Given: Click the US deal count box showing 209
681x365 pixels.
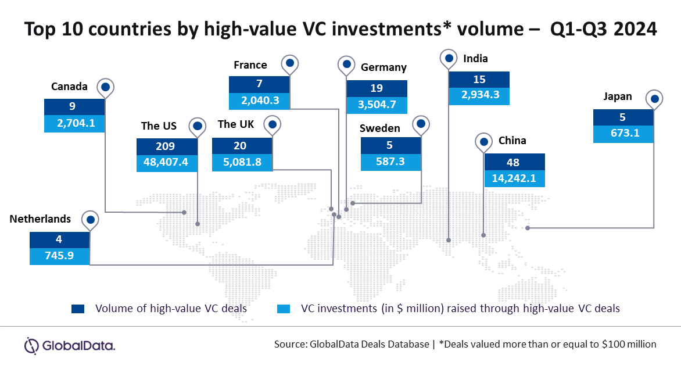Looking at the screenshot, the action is pyautogui.click(x=167, y=146).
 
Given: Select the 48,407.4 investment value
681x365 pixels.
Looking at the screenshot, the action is pyautogui.click(x=167, y=163).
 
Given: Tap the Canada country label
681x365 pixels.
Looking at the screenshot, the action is pyautogui.click(x=70, y=87).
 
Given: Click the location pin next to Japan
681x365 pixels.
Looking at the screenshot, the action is pyautogui.click(x=654, y=99).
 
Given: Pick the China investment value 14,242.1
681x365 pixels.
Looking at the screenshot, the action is pyautogui.click(x=514, y=178).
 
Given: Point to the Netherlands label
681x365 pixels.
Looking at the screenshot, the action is pyautogui.click(x=41, y=219).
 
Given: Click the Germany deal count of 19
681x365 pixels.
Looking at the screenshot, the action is pyautogui.click(x=377, y=89).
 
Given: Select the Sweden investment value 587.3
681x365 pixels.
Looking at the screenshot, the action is pyautogui.click(x=390, y=162).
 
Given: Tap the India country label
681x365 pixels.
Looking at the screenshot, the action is pyautogui.click(x=475, y=59).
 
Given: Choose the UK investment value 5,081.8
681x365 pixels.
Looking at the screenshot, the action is pyautogui.click(x=242, y=163).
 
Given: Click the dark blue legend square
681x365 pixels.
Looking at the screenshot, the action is pyautogui.click(x=78, y=309).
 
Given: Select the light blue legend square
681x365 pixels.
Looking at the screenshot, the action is pyautogui.click(x=283, y=309).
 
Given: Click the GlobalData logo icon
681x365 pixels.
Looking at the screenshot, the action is pyautogui.click(x=31, y=346).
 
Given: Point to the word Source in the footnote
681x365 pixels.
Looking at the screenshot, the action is pyautogui.click(x=290, y=344).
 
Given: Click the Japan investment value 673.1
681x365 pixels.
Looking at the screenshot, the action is pyautogui.click(x=623, y=134).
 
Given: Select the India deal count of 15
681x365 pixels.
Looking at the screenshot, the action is pyautogui.click(x=479, y=80).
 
